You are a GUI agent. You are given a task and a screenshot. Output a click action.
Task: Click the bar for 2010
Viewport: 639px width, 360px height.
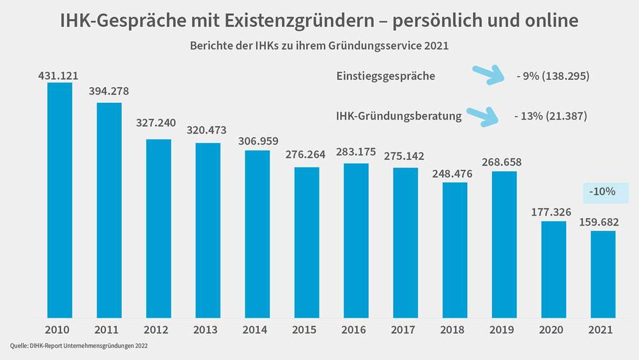click(59, 200)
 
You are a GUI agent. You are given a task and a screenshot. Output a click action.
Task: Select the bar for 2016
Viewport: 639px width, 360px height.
click(355, 240)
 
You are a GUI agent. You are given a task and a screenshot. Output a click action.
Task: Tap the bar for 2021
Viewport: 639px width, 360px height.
click(603, 274)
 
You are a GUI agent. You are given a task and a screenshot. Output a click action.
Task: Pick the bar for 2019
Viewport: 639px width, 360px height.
click(504, 244)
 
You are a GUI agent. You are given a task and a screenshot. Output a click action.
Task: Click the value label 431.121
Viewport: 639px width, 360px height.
click(58, 75)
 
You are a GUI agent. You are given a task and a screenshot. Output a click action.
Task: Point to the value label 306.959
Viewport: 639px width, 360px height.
click(257, 142)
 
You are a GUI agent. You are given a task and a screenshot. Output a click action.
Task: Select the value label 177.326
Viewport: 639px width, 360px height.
click(553, 212)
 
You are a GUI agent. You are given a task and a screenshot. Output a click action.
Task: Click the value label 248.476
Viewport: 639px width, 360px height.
click(454, 173)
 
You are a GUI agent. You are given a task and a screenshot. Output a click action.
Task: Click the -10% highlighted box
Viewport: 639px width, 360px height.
click(605, 192)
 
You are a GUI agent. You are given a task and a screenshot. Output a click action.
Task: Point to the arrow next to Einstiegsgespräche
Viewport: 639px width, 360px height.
click(488, 75)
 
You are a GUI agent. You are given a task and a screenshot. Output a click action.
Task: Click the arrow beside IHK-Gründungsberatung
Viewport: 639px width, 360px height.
click(484, 116)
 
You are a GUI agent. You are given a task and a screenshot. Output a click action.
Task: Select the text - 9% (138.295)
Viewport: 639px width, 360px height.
click(553, 76)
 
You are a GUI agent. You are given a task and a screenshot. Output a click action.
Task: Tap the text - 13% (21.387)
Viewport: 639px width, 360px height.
click(550, 116)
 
